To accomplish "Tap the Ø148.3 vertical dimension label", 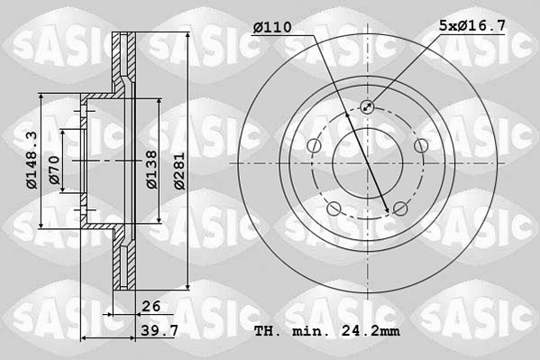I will pyautogui.click(x=31, y=160).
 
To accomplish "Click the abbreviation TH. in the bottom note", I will pyautogui.click(x=268, y=333).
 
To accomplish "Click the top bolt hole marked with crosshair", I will pyautogui.click(x=367, y=107).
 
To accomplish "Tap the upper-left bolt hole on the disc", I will pyautogui.click(x=314, y=146).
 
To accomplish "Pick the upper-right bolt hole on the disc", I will pyautogui.click(x=420, y=146).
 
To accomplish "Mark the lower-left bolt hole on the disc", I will pyautogui.click(x=334, y=209).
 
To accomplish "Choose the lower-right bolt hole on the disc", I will pyautogui.click(x=400, y=209).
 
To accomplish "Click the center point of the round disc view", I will pyautogui.click(x=367, y=163).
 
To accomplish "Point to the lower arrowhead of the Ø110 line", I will pyautogui.click(x=389, y=211).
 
